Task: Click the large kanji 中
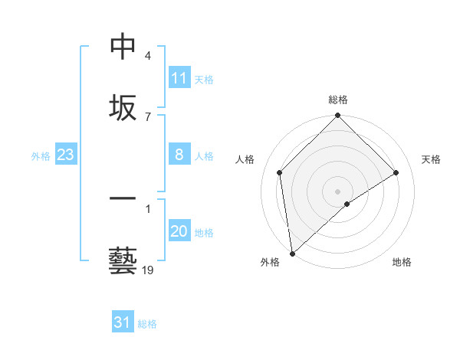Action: point(123,47)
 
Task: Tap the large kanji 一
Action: point(123,200)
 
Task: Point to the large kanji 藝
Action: point(123,260)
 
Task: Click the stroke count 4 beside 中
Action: point(148,56)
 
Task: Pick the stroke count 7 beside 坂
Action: point(148,116)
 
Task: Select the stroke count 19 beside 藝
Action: point(148,270)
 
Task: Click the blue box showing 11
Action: point(179,78)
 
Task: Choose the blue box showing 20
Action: point(179,231)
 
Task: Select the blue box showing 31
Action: point(123,322)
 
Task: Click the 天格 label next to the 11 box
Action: point(204,79)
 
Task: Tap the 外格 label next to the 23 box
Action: point(41,156)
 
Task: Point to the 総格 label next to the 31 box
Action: point(147,324)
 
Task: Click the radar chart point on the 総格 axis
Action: point(337,116)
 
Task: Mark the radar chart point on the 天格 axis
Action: point(396,172)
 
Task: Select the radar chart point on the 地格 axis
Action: point(347,204)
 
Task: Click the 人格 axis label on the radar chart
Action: point(245,159)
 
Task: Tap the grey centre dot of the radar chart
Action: point(337,191)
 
